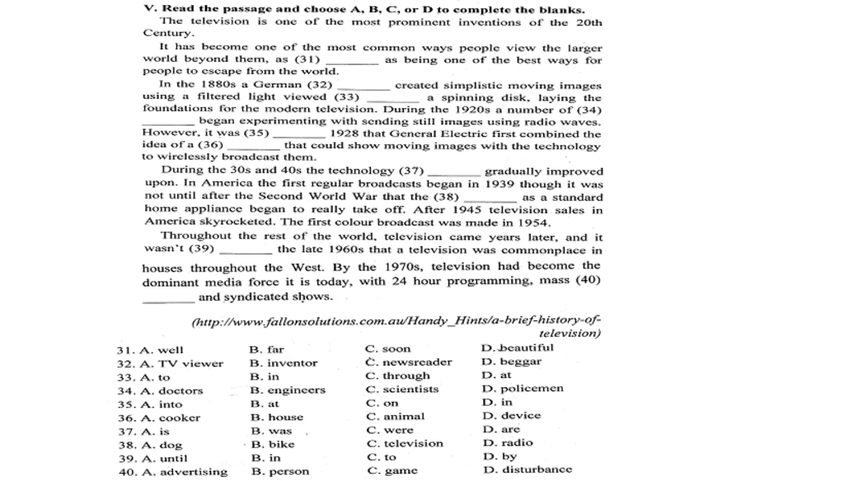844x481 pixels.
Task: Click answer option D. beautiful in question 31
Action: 517,348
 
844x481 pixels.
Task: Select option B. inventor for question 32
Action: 283,363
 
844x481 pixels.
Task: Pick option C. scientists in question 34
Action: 401,390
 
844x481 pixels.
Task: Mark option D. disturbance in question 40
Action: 527,469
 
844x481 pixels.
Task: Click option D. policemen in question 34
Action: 523,389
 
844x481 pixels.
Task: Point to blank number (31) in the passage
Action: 352,61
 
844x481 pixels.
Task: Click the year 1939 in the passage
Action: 499,184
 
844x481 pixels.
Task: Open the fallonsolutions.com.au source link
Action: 396,320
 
